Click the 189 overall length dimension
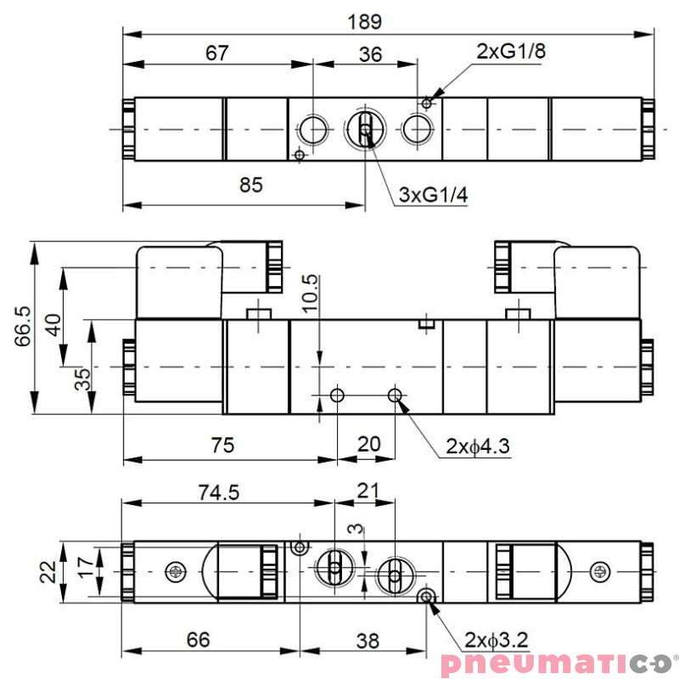[366, 20]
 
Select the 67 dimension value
[218, 53]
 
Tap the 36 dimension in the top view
[370, 54]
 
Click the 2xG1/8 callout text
[510, 51]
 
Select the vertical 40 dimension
[53, 325]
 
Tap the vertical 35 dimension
[81, 378]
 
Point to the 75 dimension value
[222, 444]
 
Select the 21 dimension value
[367, 490]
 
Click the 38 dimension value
[368, 640]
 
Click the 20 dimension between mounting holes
[368, 444]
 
